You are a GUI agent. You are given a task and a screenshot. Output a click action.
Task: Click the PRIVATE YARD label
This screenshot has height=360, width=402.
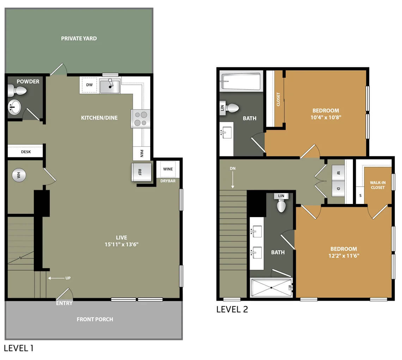click(79, 38)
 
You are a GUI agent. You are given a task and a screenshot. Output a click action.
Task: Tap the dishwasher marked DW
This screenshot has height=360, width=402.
click(89, 85)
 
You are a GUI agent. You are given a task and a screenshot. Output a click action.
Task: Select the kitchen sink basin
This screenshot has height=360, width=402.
click(110, 86)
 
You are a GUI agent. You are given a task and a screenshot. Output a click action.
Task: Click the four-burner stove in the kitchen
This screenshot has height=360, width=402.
click(140, 119)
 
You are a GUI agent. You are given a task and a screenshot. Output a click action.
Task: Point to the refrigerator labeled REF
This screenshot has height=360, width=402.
click(141, 172)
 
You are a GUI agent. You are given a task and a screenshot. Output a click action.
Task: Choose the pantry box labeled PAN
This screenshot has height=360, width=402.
click(141, 154)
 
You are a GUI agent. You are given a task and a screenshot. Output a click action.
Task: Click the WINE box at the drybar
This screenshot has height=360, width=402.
click(168, 169)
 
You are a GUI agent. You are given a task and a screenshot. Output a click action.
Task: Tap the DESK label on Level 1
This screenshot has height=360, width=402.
click(26, 152)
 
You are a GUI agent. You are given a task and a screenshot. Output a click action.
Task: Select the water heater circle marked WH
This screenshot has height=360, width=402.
click(19, 175)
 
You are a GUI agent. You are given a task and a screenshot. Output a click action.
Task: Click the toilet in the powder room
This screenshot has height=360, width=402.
click(17, 91)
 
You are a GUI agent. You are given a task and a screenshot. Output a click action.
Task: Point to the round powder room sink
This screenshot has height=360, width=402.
click(14, 107)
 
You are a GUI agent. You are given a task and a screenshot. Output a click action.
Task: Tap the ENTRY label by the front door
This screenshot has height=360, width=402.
click(64, 303)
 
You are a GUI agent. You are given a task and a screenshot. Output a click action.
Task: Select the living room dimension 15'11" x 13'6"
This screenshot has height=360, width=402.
click(121, 245)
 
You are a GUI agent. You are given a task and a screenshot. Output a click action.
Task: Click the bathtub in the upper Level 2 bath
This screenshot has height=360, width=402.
click(241, 82)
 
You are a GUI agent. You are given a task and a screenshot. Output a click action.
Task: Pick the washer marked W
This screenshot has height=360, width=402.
click(339, 173)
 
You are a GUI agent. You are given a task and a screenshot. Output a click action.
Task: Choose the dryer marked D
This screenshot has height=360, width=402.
click(339, 188)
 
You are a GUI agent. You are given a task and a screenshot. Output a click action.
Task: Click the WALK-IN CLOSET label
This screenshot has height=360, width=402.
click(378, 185)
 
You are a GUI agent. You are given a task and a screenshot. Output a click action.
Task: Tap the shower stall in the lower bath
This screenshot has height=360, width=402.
click(272, 288)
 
